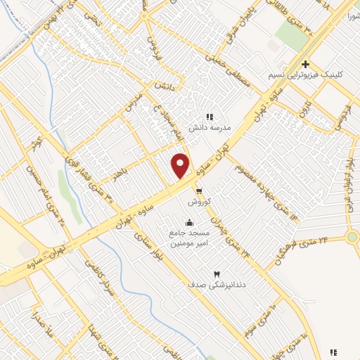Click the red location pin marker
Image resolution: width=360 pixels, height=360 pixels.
pyautogui.click(x=181, y=165)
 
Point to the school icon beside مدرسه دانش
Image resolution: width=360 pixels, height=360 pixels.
pyautogui.click(x=209, y=117)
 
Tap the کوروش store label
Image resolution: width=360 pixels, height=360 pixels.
pyautogui.click(x=199, y=201)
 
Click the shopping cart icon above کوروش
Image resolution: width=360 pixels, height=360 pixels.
pyautogui.click(x=200, y=191)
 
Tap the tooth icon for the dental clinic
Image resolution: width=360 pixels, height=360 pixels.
pyautogui.click(x=216, y=274)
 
